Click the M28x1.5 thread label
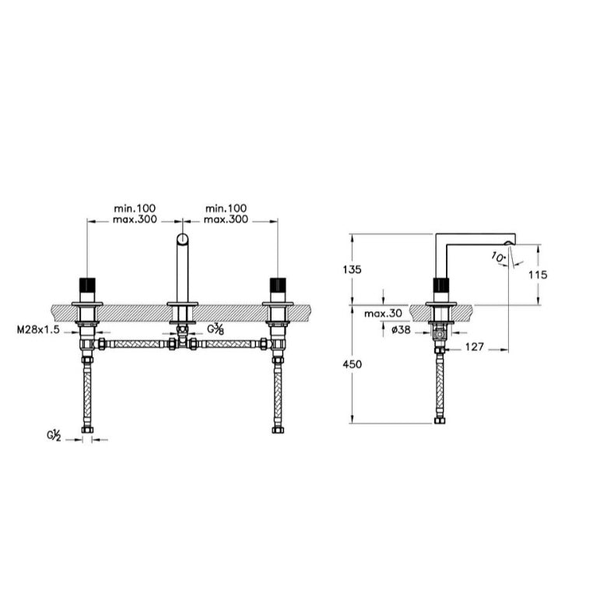tap(38, 330)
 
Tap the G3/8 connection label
tap(216, 329)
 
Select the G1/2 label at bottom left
tap(54, 435)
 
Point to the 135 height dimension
tap(352, 269)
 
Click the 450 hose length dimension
tap(352, 364)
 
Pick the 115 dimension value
tap(538, 275)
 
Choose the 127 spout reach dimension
tap(474, 347)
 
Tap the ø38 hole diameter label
tap(401, 330)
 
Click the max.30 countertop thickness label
tap(383, 314)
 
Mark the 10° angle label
tap(498, 258)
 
